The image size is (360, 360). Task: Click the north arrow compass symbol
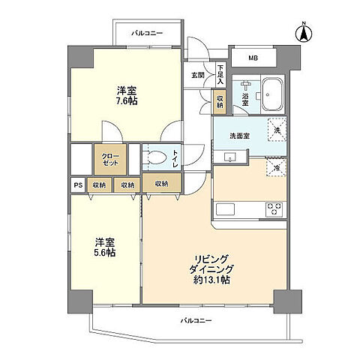304,33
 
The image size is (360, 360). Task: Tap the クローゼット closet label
110,158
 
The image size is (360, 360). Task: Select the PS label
77,184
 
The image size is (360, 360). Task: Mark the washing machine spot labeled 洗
275,130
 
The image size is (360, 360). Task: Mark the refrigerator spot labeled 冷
275,169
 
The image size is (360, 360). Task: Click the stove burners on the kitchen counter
274,208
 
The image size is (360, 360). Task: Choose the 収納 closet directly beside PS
99,184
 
